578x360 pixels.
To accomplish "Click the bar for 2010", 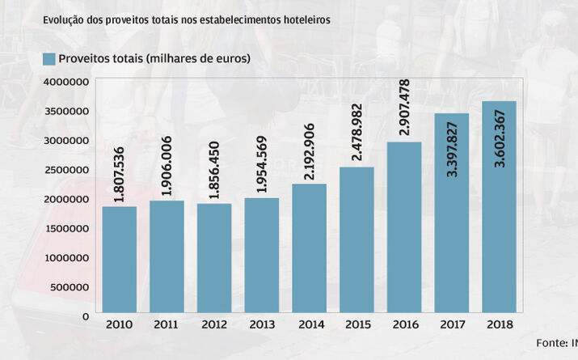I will point(119,259).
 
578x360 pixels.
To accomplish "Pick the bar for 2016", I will point(404,227).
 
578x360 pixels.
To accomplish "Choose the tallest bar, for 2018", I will point(499,206).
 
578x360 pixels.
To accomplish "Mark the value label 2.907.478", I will point(404,108).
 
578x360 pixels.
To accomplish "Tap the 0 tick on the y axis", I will point(85,316).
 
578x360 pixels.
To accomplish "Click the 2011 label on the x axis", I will point(167,326).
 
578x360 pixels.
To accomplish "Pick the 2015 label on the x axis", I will point(357,326).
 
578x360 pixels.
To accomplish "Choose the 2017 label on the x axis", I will point(452,326).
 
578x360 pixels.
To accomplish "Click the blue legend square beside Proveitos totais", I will point(49,58).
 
